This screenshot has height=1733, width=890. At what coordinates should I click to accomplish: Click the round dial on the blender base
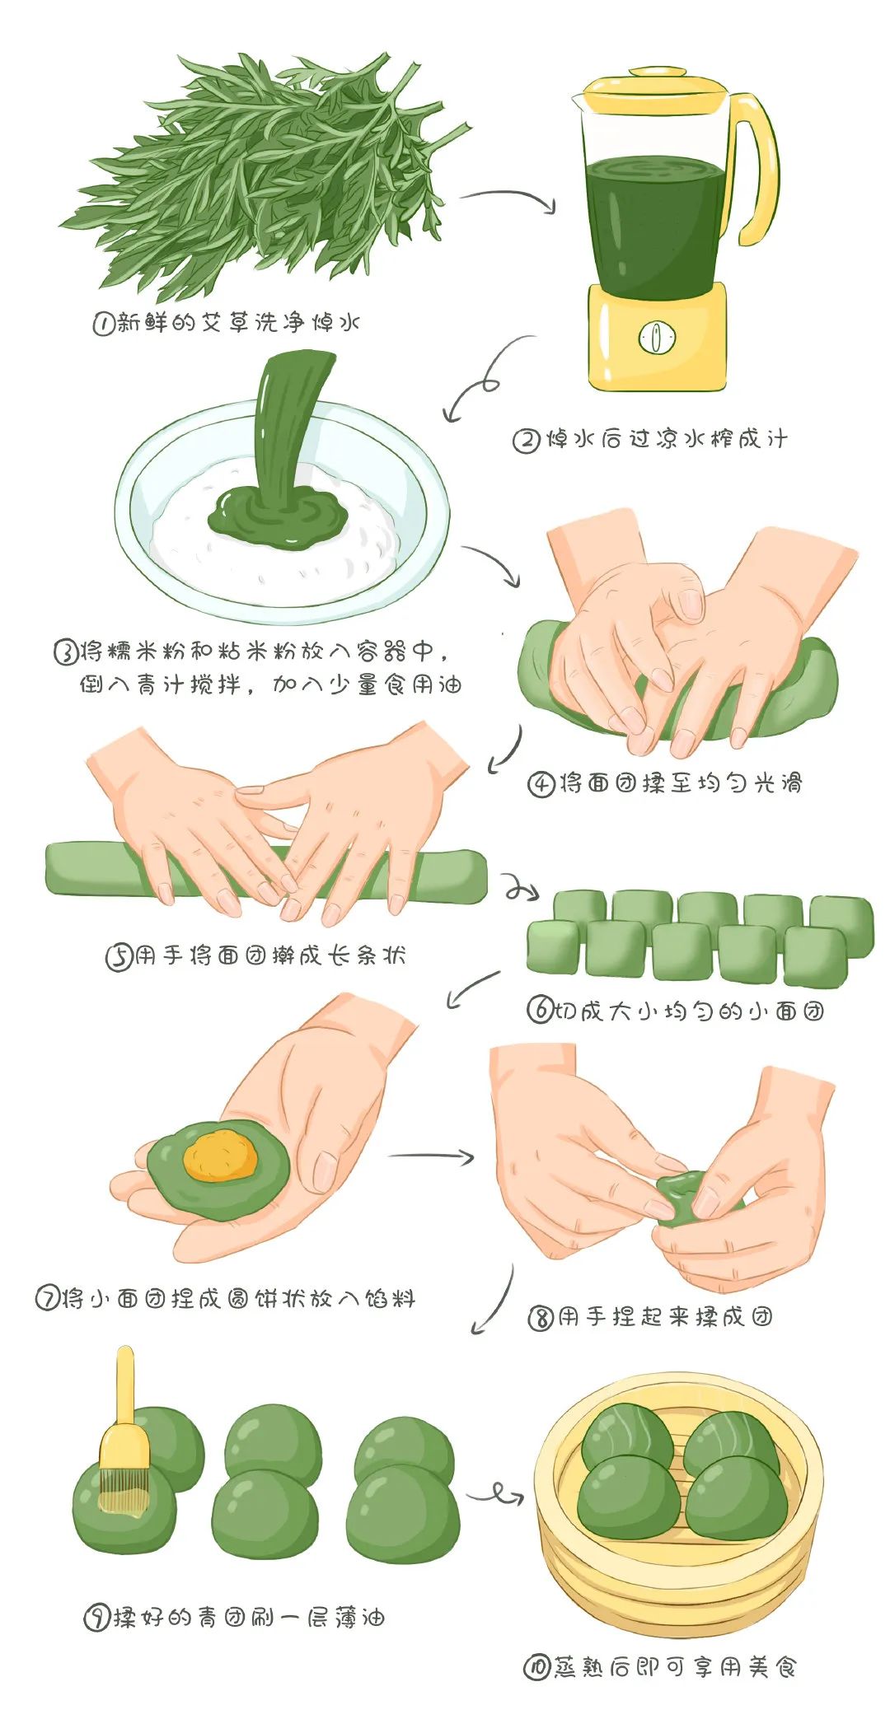pyautogui.click(x=657, y=338)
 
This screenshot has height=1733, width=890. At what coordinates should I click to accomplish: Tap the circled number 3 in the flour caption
pyautogui.click(x=66, y=653)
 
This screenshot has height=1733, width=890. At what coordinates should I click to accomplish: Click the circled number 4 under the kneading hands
pyautogui.click(x=540, y=783)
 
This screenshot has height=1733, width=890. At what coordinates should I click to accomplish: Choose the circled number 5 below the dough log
pyautogui.click(x=118, y=957)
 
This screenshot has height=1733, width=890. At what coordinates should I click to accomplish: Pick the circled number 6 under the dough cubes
pyautogui.click(x=539, y=1010)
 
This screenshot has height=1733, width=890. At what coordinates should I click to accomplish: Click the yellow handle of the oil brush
pyautogui.click(x=125, y=1400)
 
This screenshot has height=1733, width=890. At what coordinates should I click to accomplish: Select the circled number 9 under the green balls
pyautogui.click(x=96, y=1619)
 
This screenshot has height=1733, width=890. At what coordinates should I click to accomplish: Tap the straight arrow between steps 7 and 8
pyautogui.click(x=431, y=1156)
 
